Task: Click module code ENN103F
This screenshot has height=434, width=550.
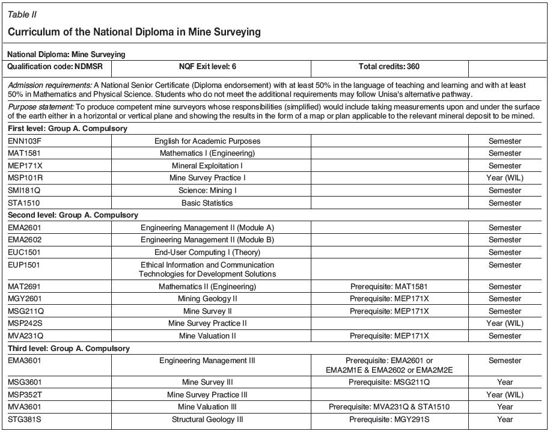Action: pyautogui.click(x=25, y=141)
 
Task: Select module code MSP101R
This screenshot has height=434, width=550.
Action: pyautogui.click(x=25, y=178)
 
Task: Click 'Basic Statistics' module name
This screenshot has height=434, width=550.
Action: pyautogui.click(x=207, y=203)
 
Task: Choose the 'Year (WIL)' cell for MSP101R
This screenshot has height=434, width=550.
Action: pyautogui.click(x=504, y=178)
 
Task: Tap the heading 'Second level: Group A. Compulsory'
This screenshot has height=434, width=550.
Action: pyautogui.click(x=73, y=215)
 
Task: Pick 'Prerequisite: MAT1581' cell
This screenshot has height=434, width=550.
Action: pyautogui.click(x=389, y=287)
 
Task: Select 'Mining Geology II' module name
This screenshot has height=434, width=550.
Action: pyautogui.click(x=207, y=299)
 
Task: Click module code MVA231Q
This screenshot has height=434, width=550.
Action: pyautogui.click(x=25, y=336)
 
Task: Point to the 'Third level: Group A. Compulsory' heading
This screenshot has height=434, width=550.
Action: pyautogui.click(x=69, y=349)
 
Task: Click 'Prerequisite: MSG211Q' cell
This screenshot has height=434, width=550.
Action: pyautogui.click(x=389, y=382)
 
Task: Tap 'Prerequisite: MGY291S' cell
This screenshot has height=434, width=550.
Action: pyautogui.click(x=389, y=420)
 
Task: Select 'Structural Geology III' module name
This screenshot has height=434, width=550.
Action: pyautogui.click(x=207, y=420)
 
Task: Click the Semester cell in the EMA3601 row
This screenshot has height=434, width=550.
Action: pyautogui.click(x=504, y=361)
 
